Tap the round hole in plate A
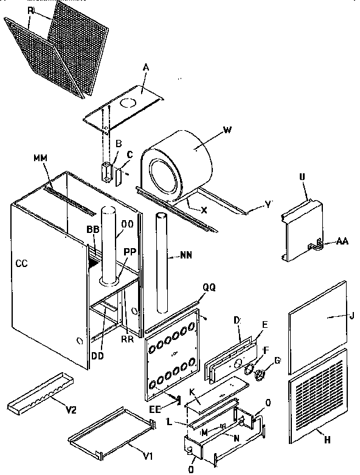click(128, 105)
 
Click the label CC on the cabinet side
click(22, 263)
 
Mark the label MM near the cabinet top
click(41, 159)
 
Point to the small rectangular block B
click(107, 171)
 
